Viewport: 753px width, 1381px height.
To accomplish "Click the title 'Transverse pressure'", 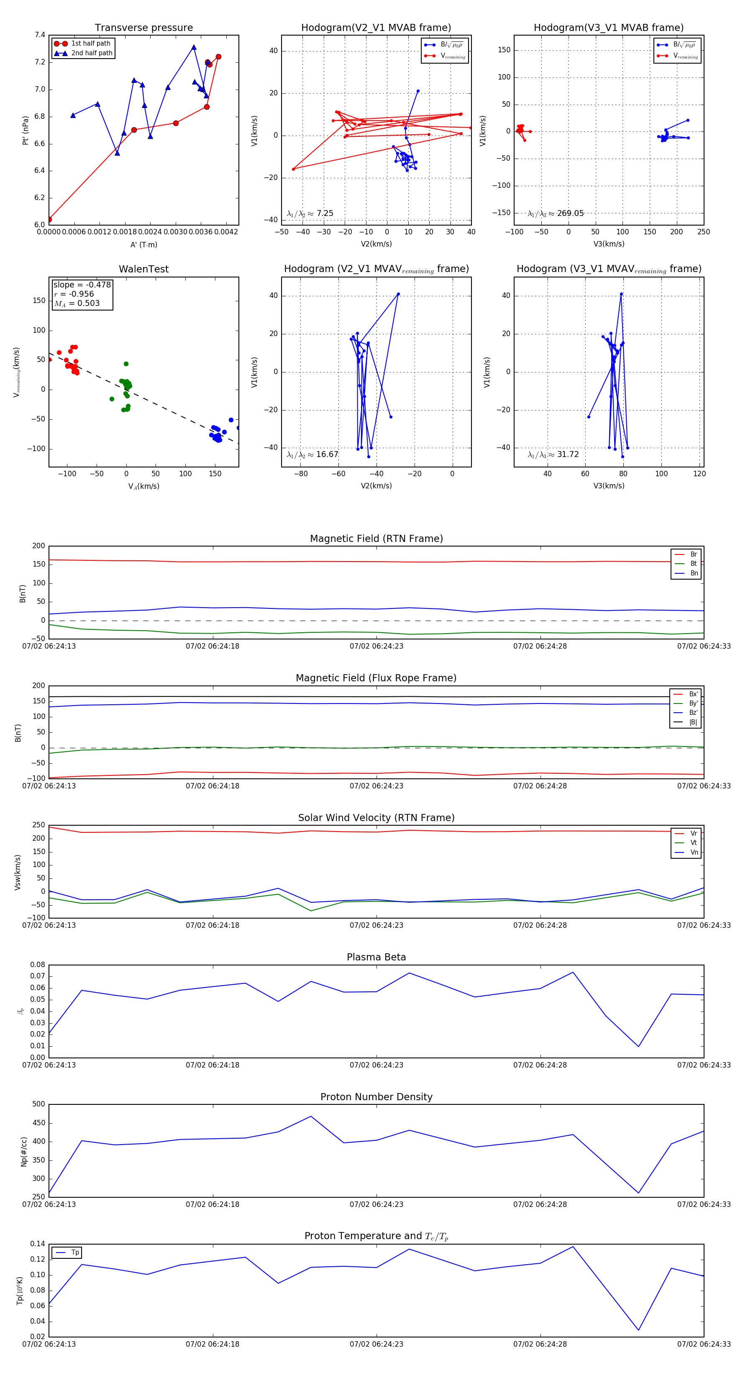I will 143,28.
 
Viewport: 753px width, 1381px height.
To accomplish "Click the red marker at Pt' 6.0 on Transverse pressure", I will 49,219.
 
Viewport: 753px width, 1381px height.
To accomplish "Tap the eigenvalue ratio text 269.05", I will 570,213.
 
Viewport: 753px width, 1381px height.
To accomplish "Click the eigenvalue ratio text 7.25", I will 325,213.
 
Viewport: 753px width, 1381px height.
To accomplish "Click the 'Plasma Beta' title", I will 376,957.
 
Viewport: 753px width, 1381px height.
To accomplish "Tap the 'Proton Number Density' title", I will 376,1097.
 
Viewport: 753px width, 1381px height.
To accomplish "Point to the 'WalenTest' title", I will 143,269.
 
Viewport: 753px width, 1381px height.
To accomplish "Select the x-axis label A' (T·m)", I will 143,244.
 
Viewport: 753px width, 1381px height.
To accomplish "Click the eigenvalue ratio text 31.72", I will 568,454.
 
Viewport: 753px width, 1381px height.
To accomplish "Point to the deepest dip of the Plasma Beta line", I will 638,1047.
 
